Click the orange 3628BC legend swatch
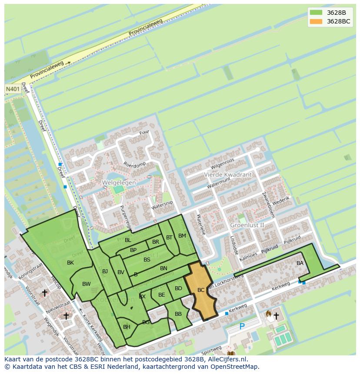point(316,21)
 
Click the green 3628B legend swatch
point(316,13)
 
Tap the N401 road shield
point(13,89)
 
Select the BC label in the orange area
point(201,290)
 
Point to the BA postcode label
point(300,263)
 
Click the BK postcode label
point(70,263)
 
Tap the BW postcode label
point(87,285)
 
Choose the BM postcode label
point(182,236)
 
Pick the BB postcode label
point(178,314)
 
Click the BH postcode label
point(127,327)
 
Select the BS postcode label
point(147,260)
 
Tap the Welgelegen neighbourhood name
point(119,183)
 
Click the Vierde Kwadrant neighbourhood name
point(227,175)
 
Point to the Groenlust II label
point(247,225)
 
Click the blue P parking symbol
point(242,326)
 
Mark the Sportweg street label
point(211,350)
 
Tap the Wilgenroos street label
point(222,164)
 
